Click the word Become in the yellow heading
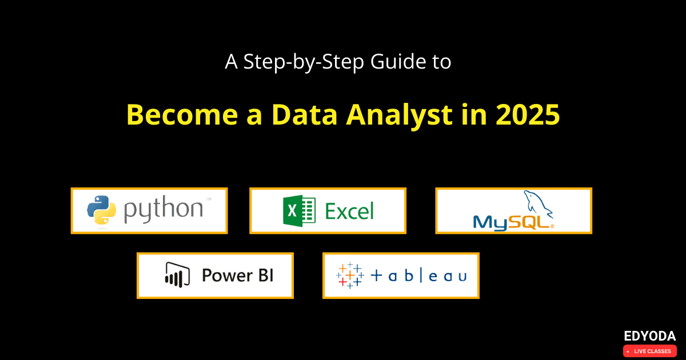pyautogui.click(x=182, y=115)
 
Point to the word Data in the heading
pyautogui.click(x=305, y=115)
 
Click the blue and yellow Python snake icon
pyautogui.click(x=101, y=210)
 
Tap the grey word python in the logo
pyautogui.click(x=163, y=210)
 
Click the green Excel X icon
pyautogui.click(x=299, y=211)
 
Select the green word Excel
pyautogui.click(x=349, y=211)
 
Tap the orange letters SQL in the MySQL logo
pyautogui.click(x=531, y=222)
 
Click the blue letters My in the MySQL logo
pyautogui.click(x=490, y=223)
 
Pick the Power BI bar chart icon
pyautogui.click(x=177, y=275)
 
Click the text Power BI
pyautogui.click(x=238, y=275)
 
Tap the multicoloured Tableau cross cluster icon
pyautogui.click(x=350, y=275)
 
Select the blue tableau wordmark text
pyautogui.click(x=418, y=276)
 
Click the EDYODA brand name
pyautogui.click(x=650, y=336)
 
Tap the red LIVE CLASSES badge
pyautogui.click(x=650, y=351)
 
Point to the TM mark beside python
pyautogui.click(x=209, y=199)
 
